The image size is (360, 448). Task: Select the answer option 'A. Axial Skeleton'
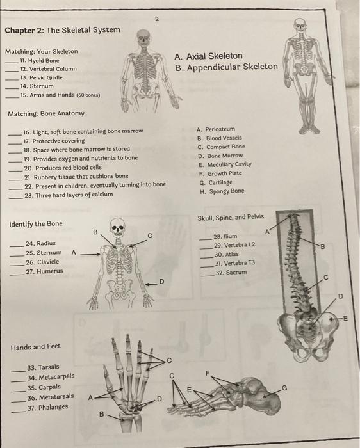pos(209,56)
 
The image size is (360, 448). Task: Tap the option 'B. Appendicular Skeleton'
pos(227,67)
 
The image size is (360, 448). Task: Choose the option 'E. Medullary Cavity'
pos(224,163)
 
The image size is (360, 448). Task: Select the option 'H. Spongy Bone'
pos(221,191)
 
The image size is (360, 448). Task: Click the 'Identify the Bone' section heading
pos(36,223)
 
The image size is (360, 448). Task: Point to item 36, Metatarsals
pos(51,397)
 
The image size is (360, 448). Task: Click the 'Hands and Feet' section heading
pos(35,346)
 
